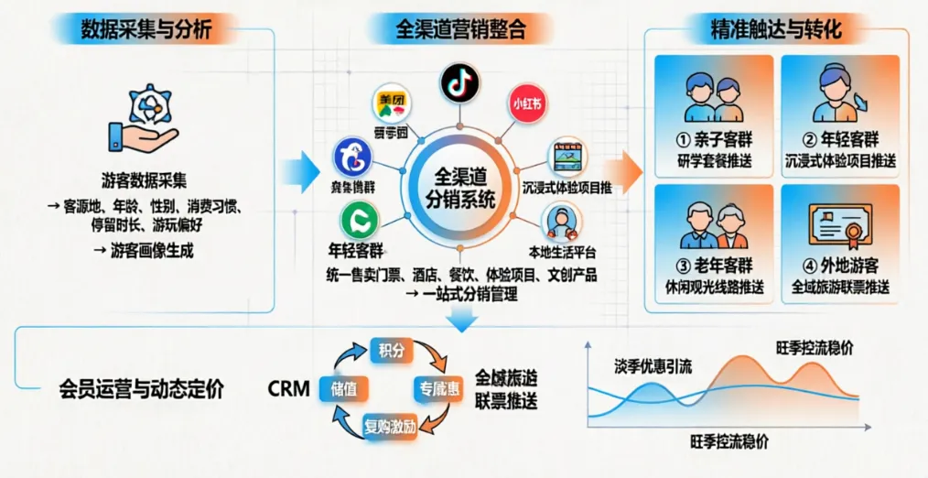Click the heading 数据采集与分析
[146, 28]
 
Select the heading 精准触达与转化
[775, 28]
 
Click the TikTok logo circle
[459, 82]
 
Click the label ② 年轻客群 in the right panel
[840, 141]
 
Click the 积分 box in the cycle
[390, 350]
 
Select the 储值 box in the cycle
[344, 388]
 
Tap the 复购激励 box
[391, 425]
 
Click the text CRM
[288, 388]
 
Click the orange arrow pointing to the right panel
[625, 168]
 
